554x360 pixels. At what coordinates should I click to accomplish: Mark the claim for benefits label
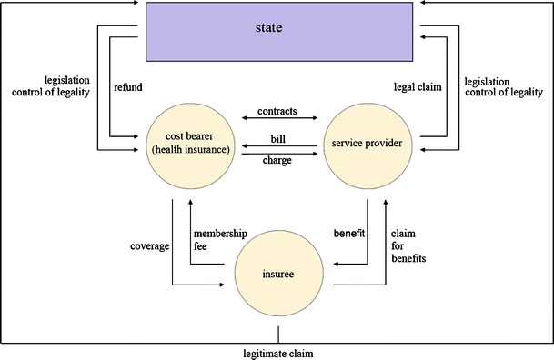click(410, 245)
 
